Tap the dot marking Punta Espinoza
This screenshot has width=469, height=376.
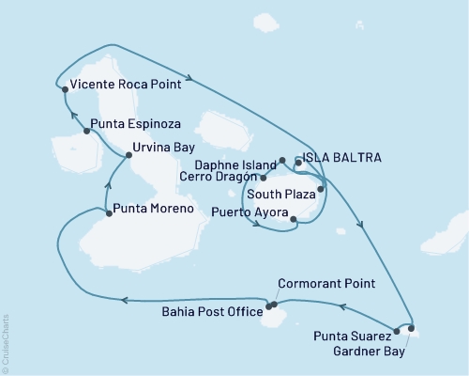coord(86,131)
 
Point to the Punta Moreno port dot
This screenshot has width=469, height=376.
coord(110,213)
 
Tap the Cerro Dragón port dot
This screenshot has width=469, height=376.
coord(263,178)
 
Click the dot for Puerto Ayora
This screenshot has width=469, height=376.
coord(295,221)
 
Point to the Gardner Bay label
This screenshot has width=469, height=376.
coord(370,352)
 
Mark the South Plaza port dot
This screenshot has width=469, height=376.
coord(320,190)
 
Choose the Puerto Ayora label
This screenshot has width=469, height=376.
coord(248,212)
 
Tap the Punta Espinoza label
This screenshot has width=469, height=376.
coord(133,122)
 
